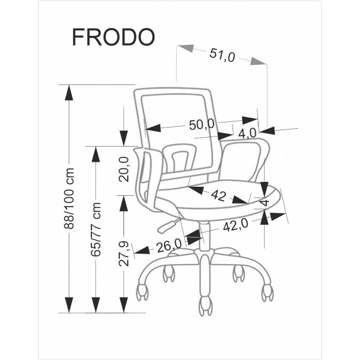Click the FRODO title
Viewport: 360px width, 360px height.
pos(113,37)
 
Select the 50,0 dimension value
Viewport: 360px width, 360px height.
pos(201,125)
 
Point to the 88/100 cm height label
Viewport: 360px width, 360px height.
pos(69,198)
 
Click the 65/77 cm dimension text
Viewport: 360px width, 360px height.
pos(96,229)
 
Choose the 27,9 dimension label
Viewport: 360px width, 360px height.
pos(124,254)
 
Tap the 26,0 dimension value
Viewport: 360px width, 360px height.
pos(169,246)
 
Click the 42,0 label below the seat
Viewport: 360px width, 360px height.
pos(235,225)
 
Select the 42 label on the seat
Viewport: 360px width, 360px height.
pos(218,196)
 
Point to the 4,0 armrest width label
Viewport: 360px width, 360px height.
pos(247,133)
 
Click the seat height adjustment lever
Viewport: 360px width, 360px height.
pos(167,226)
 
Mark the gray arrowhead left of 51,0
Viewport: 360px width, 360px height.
pos(185,48)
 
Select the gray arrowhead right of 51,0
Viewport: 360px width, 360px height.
pos(258,61)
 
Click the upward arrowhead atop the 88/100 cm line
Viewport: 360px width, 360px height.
pos(69,93)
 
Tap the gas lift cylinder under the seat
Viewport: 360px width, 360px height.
pos(204,236)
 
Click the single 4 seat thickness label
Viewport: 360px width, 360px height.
pos(265,202)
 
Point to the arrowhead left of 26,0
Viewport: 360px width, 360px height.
pos(142,250)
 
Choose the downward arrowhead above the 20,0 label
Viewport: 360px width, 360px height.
pos(124,138)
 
